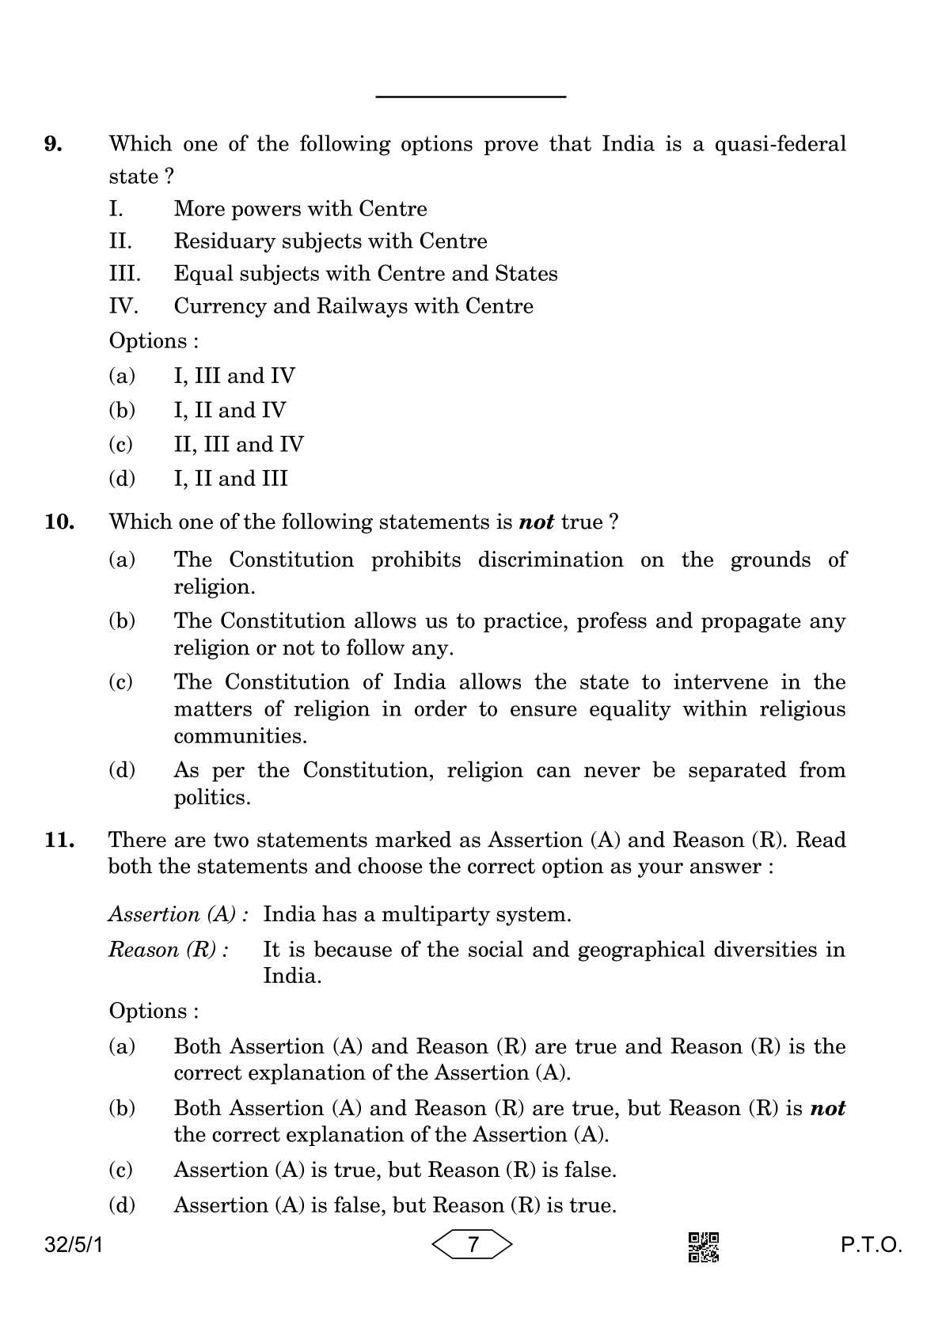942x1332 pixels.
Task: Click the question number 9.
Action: tap(53, 144)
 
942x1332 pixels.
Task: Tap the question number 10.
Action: tap(59, 522)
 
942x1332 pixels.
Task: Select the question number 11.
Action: tap(59, 840)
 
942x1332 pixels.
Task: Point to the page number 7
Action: tap(473, 1245)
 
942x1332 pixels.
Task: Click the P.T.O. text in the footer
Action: tap(871, 1246)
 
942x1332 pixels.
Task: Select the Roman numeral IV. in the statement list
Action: tap(123, 306)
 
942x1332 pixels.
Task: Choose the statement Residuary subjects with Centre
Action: tap(330, 241)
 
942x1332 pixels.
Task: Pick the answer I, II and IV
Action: tap(230, 410)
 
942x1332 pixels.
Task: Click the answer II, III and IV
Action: tap(238, 445)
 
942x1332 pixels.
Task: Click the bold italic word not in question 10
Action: tap(536, 522)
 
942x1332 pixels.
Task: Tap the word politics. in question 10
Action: tap(212, 798)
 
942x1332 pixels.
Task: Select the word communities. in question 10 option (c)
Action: tap(240, 736)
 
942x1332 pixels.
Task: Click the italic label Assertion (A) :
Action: tap(179, 915)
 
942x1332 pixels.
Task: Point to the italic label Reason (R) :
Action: tap(169, 950)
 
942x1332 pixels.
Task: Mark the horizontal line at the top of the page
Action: tap(471, 97)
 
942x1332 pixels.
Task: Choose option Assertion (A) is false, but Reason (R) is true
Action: tap(394, 1205)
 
